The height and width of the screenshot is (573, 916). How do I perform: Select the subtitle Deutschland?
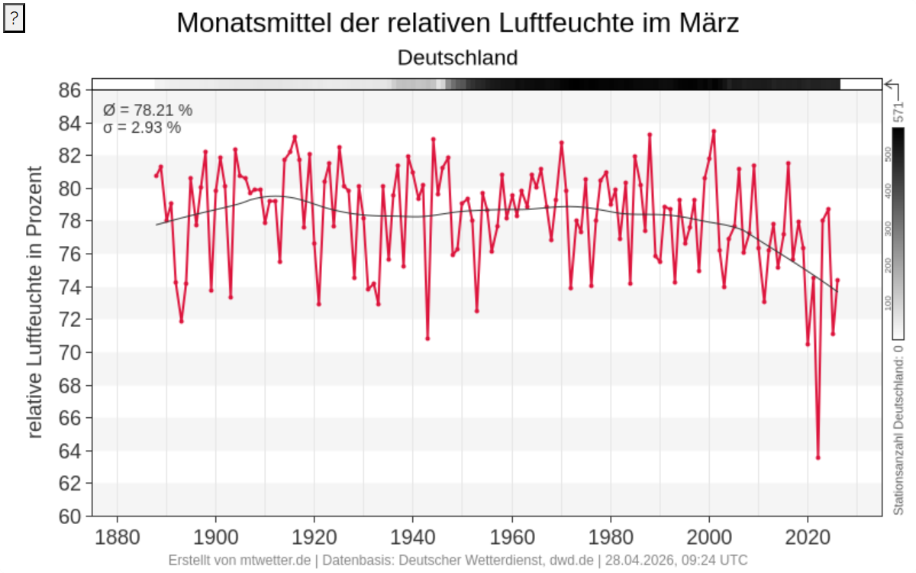click(x=458, y=57)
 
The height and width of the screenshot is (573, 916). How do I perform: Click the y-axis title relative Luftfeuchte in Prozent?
click(x=35, y=303)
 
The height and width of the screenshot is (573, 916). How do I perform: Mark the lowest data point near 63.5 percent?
click(x=818, y=458)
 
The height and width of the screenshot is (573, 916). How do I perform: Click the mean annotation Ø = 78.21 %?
click(x=148, y=110)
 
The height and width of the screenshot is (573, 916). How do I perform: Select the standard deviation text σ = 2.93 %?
click(x=142, y=128)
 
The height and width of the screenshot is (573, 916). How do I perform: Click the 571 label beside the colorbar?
click(x=899, y=112)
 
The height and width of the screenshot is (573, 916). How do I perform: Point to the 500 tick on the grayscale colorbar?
click(x=888, y=153)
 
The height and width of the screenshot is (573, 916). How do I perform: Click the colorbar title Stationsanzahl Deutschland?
click(x=899, y=428)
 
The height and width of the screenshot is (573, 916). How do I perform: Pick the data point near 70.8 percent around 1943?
click(x=427, y=338)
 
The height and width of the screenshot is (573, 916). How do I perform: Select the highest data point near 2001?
click(x=714, y=131)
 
